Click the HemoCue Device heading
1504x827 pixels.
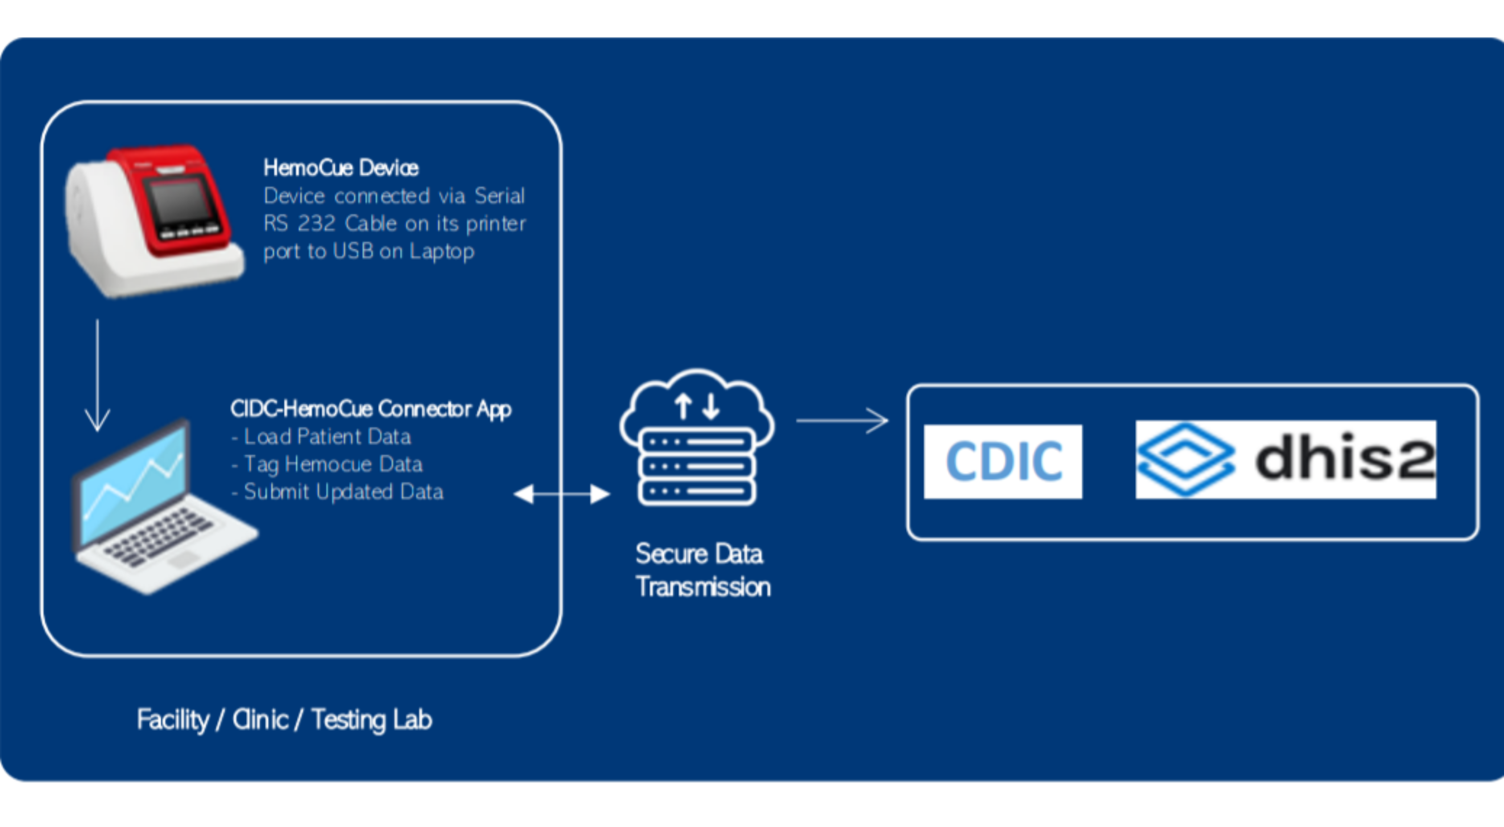[341, 168]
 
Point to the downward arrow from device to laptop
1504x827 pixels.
[98, 377]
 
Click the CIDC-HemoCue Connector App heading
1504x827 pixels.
[371, 409]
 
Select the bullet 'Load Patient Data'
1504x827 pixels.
[327, 437]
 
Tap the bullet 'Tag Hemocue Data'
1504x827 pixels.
[333, 464]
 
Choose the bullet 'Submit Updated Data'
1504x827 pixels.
[343, 491]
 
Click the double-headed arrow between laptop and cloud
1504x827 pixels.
[561, 494]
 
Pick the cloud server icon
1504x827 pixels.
[697, 438]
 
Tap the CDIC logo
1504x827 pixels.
[1003, 462]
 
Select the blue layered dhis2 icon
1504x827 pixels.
[1185, 460]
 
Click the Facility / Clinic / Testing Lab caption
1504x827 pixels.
[284, 719]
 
